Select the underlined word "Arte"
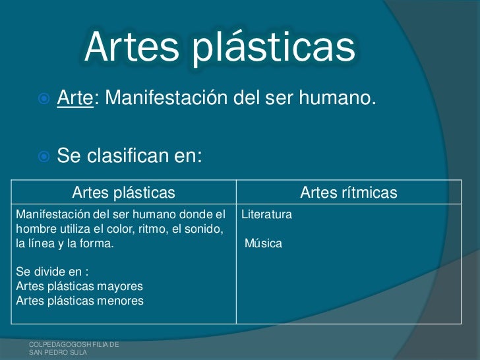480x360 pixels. pyautogui.click(x=74, y=99)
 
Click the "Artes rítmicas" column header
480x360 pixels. pyautogui.click(x=348, y=193)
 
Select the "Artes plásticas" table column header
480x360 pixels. pyautogui.click(x=123, y=193)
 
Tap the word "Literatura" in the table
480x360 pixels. pyautogui.click(x=266, y=215)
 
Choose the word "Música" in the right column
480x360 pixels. pyautogui.click(x=263, y=244)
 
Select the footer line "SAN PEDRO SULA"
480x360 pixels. pyautogui.click(x=58, y=353)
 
